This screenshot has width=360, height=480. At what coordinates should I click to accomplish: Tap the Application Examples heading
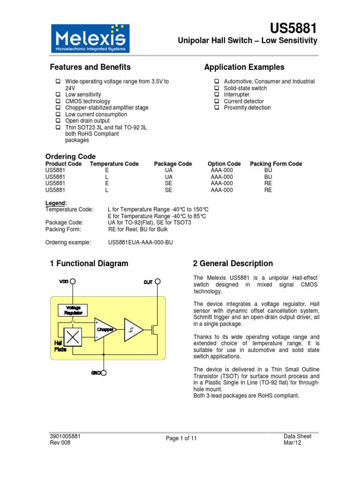(x=244, y=67)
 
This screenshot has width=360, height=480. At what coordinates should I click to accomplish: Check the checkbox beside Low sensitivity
(x=58, y=95)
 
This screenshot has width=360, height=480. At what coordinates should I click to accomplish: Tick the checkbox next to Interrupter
(x=217, y=95)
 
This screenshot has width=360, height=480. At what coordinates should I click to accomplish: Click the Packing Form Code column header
(x=276, y=164)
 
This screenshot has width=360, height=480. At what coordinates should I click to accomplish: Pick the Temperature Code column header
(x=114, y=164)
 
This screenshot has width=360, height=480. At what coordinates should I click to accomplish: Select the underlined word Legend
(x=56, y=203)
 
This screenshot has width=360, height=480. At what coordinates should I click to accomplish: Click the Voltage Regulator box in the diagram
(x=74, y=310)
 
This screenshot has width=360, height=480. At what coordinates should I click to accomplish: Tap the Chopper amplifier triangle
(x=105, y=330)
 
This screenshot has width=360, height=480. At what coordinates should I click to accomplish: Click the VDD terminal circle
(x=73, y=282)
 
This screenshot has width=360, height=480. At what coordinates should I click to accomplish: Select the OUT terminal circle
(x=158, y=282)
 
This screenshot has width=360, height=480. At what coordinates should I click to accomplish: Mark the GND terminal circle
(x=104, y=373)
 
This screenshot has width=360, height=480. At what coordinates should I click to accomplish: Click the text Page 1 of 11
(x=181, y=438)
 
